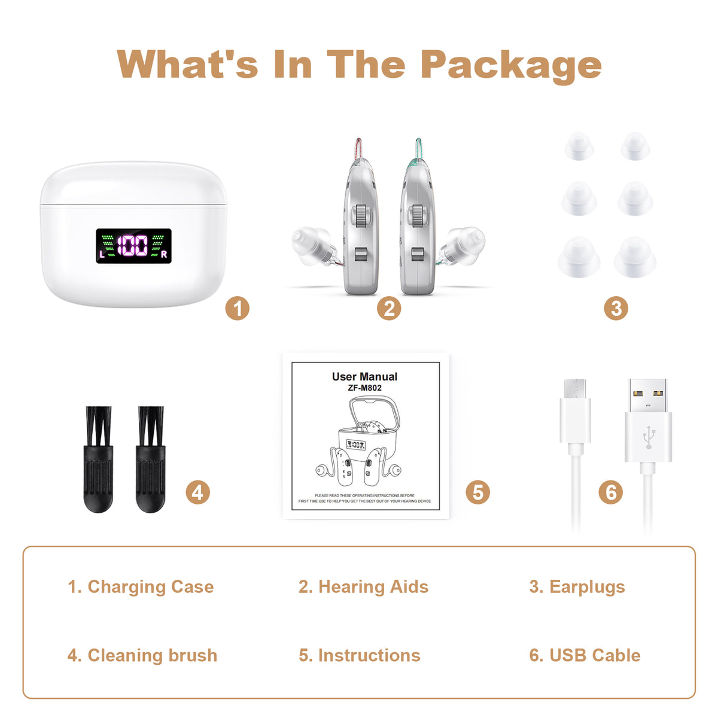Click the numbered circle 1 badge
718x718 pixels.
click(x=237, y=309)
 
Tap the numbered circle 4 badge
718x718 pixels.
click(x=197, y=492)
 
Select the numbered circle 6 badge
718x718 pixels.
click(x=611, y=492)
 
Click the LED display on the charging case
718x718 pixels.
click(x=134, y=246)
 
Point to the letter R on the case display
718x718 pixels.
click(x=164, y=254)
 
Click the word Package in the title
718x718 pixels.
click(x=511, y=64)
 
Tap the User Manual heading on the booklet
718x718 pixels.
click(x=364, y=377)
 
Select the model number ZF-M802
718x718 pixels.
click(x=364, y=388)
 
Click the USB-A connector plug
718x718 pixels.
click(x=648, y=419)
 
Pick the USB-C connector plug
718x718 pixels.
click(x=575, y=413)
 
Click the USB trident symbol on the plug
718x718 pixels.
click(x=648, y=437)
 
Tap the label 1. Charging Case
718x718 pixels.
click(x=141, y=587)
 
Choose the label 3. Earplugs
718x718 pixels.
click(x=577, y=587)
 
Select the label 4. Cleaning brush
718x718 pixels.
click(x=142, y=655)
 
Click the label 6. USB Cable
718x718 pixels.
click(x=585, y=655)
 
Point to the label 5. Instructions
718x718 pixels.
click(x=360, y=655)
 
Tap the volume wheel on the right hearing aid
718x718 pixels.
click(x=418, y=216)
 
